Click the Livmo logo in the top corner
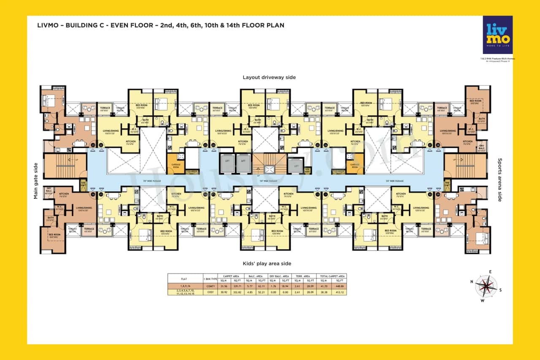click(498, 35)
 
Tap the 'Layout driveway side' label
click(269, 77)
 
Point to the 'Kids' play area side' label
click(267, 263)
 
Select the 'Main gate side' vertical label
click(35, 181)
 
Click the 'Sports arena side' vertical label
click(500, 180)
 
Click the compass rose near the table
click(486, 286)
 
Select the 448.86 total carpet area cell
click(339, 286)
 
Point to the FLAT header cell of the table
click(184, 278)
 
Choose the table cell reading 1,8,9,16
click(184, 286)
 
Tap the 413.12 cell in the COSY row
click(339, 292)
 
